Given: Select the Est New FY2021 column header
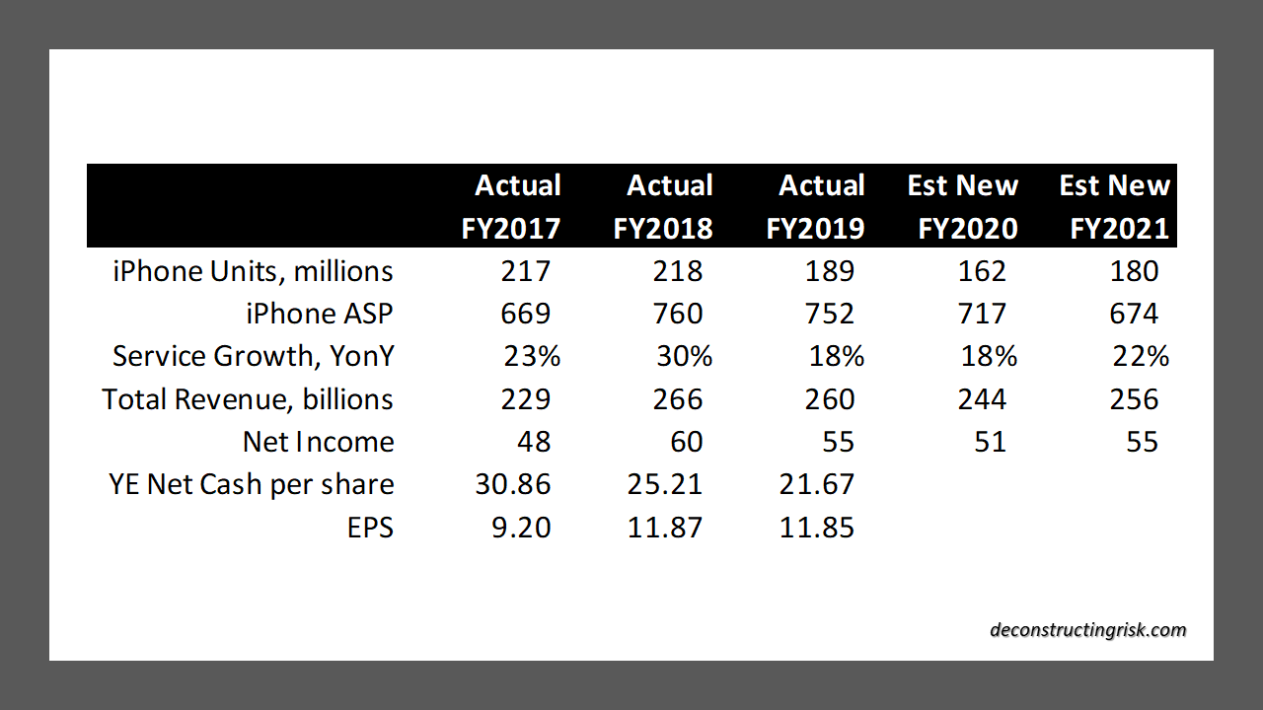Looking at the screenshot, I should (1114, 207).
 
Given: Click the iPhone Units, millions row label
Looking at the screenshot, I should (253, 271).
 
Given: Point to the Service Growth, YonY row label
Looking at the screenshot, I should (253, 356).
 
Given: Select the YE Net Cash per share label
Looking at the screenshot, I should (252, 484).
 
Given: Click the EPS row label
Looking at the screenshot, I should (372, 528).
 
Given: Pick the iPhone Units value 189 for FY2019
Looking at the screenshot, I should (829, 271).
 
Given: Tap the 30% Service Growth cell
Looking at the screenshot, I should (684, 356).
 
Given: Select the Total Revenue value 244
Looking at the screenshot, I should (982, 399).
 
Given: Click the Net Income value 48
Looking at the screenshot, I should (534, 442).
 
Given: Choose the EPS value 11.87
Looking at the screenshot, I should (665, 528).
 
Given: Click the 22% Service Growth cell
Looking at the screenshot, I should (1141, 356).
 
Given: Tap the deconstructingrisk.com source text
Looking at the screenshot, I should (1088, 630).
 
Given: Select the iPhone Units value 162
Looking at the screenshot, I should (982, 271).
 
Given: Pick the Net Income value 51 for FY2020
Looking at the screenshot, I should (990, 442).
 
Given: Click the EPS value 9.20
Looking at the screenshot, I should (520, 528).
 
